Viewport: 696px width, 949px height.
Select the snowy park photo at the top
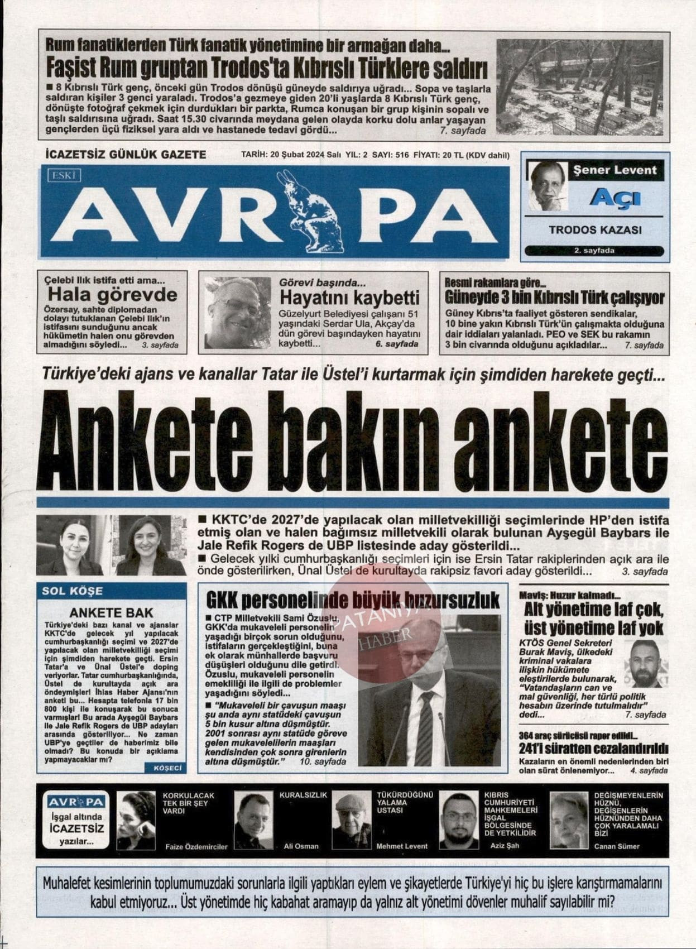[x=579, y=87]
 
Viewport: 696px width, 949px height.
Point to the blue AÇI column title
[x=615, y=198]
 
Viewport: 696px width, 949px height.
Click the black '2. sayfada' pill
[x=594, y=251]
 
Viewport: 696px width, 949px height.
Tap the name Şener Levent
[x=615, y=170]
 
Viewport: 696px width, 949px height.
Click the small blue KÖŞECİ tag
[x=167, y=768]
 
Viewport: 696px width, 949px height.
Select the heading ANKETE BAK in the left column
[x=111, y=612]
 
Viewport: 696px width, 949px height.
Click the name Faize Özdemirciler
[x=196, y=846]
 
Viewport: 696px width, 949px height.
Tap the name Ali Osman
[x=301, y=846]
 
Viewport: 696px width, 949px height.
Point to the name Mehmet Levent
[x=402, y=846]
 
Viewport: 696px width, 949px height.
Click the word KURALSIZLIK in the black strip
[x=303, y=794]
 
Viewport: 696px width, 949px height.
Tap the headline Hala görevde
[x=112, y=294]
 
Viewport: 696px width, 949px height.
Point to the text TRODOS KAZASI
[x=595, y=230]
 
